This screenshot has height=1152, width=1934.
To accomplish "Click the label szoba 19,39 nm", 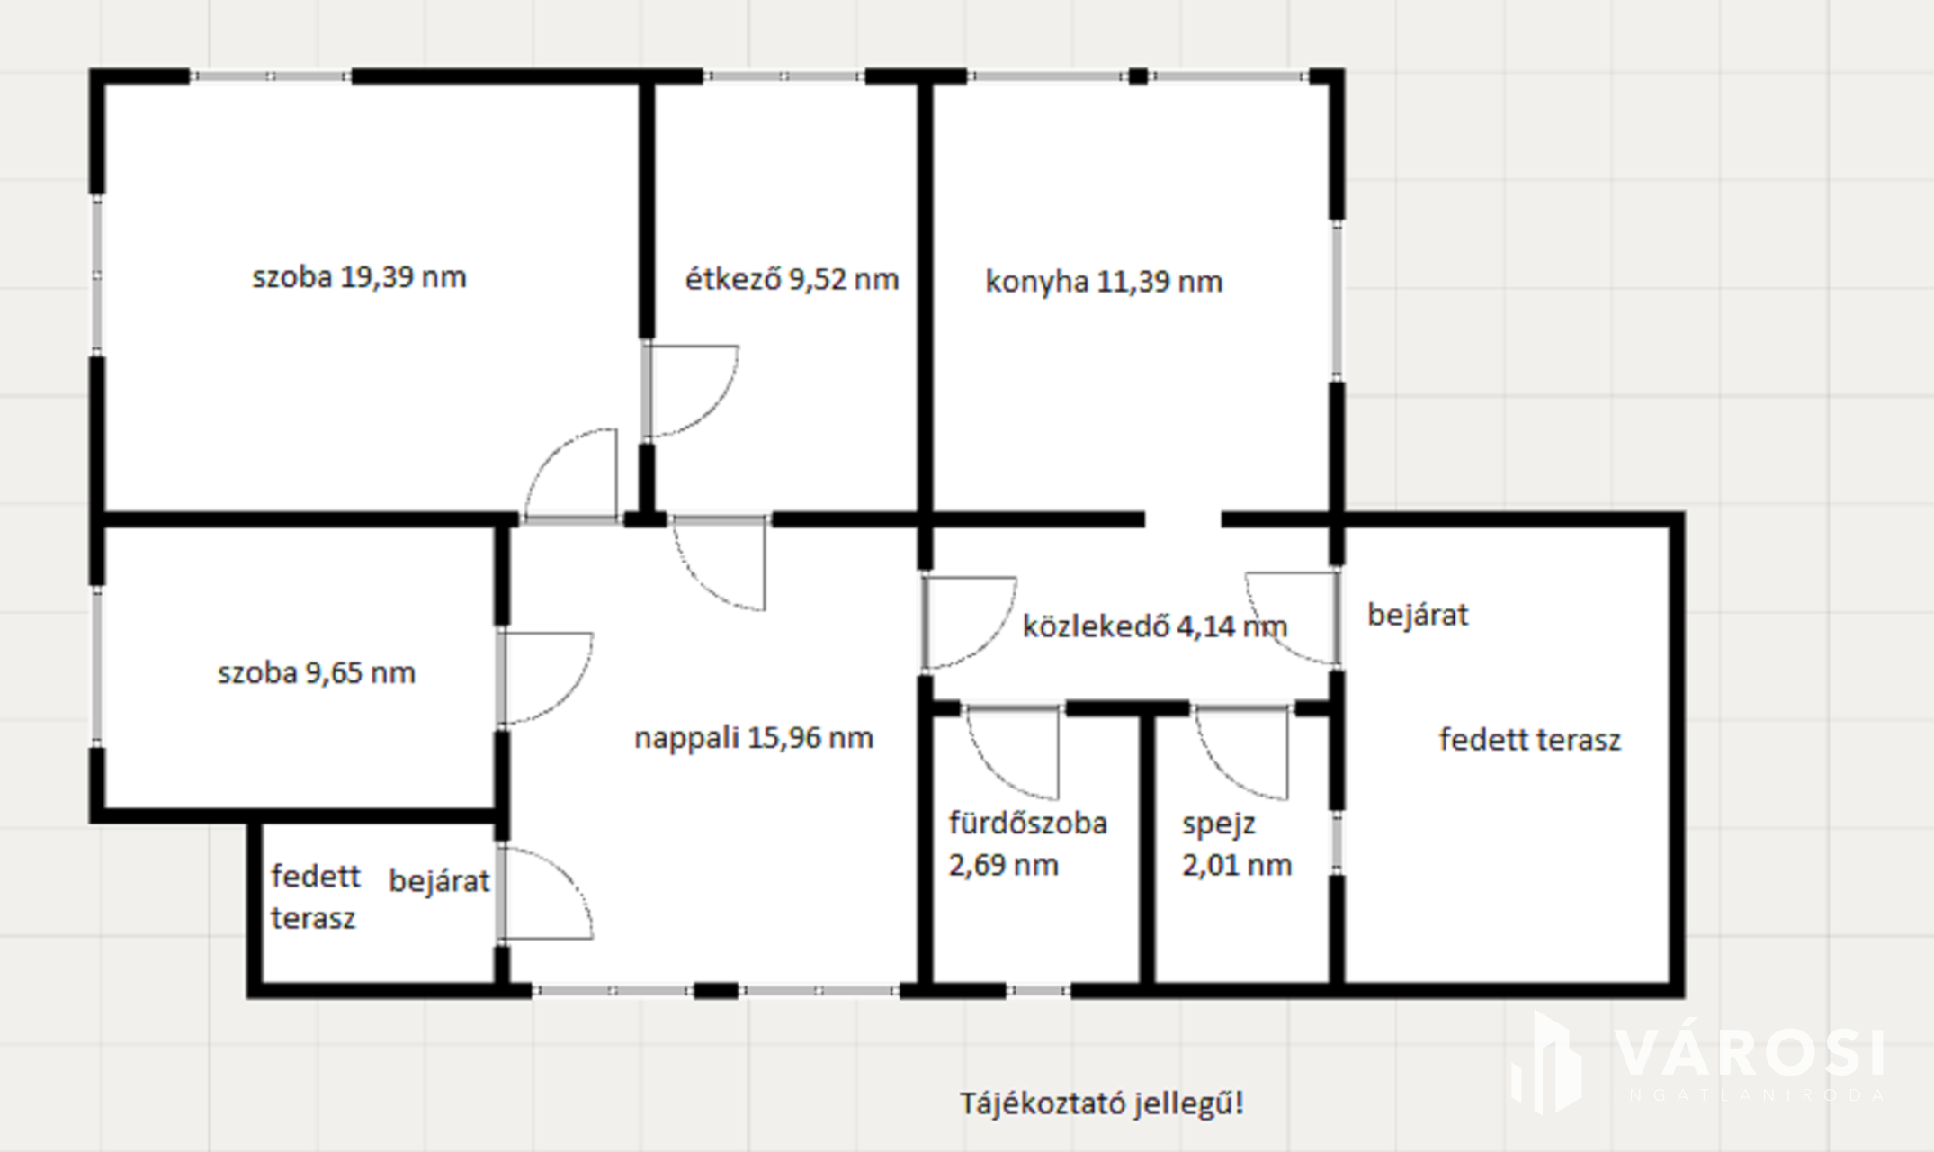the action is [x=359, y=277].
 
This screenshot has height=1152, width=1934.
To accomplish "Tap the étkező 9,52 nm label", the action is [x=792, y=279].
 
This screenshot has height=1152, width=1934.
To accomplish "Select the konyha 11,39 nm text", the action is [x=1104, y=282].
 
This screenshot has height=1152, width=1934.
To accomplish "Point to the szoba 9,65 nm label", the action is [x=316, y=673].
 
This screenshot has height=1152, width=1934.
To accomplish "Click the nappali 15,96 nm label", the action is [x=754, y=738].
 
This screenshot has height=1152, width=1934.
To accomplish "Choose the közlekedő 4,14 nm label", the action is [x=1155, y=625].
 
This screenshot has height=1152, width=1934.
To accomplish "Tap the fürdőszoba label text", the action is [x=1027, y=823].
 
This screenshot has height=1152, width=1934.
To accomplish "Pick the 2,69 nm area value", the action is [x=1003, y=865].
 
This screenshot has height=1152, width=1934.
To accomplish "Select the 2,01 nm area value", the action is [x=1237, y=865].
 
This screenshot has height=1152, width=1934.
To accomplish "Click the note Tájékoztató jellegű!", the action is [x=1102, y=1103].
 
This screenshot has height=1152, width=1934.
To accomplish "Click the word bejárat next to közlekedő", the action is [x=1418, y=615].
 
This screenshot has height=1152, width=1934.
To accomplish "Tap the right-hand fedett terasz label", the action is [x=1530, y=740].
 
